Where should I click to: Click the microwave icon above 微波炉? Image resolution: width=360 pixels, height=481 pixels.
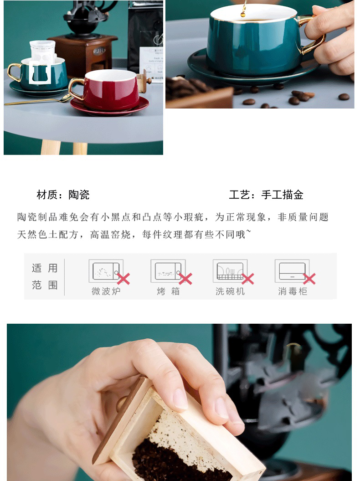[106, 271]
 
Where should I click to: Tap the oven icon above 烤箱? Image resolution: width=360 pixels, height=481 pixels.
[168, 271]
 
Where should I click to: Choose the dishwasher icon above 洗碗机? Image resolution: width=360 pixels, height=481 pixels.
[230, 271]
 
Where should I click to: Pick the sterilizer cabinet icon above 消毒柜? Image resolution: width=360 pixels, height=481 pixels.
[292, 271]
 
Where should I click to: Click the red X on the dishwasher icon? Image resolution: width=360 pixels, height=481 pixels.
[247, 279]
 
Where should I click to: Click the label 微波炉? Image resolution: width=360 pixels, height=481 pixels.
[106, 291]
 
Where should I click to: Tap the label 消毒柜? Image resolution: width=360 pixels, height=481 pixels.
[293, 291]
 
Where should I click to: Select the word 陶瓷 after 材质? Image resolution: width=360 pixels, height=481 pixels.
[79, 195]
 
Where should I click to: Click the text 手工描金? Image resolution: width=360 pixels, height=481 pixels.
[282, 195]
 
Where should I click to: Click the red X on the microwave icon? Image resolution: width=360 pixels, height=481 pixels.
[123, 279]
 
